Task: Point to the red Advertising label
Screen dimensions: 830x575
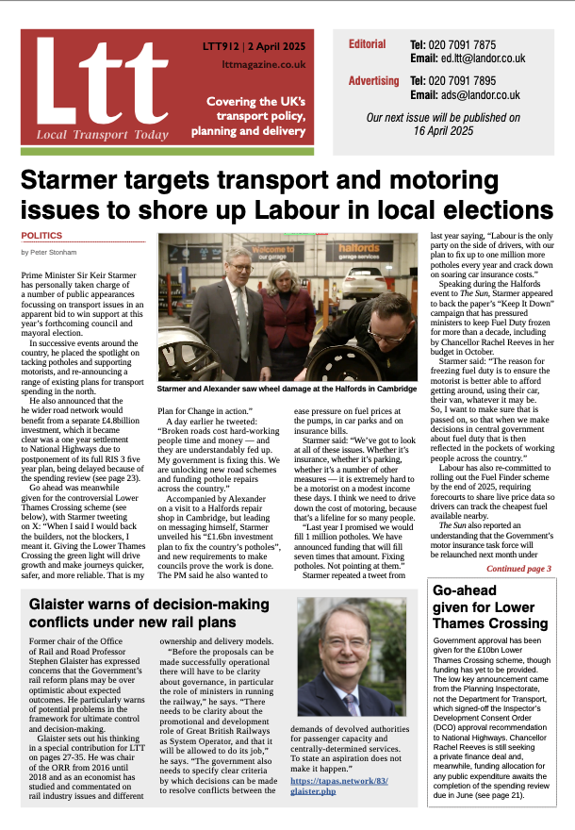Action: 374,81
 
